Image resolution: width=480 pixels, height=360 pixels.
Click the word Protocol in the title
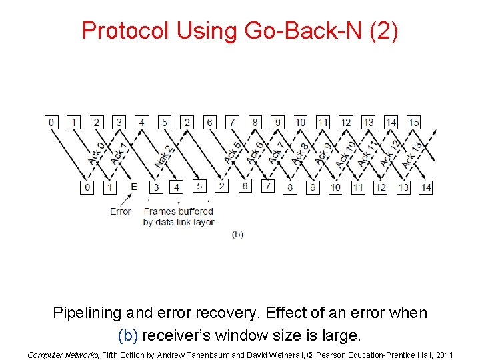click(x=125, y=31)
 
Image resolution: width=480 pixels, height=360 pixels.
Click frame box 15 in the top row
click(x=413, y=122)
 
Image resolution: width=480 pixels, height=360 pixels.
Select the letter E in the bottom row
click(x=134, y=187)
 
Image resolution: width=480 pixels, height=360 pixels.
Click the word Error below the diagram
click(x=121, y=212)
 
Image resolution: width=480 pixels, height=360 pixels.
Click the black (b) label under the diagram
click(x=237, y=234)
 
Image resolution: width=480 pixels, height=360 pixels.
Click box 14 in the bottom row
click(x=425, y=187)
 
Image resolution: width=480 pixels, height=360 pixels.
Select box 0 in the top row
click(x=51, y=122)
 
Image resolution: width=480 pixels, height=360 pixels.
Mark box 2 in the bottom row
click(x=222, y=186)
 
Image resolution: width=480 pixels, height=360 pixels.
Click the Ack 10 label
click(x=345, y=154)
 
